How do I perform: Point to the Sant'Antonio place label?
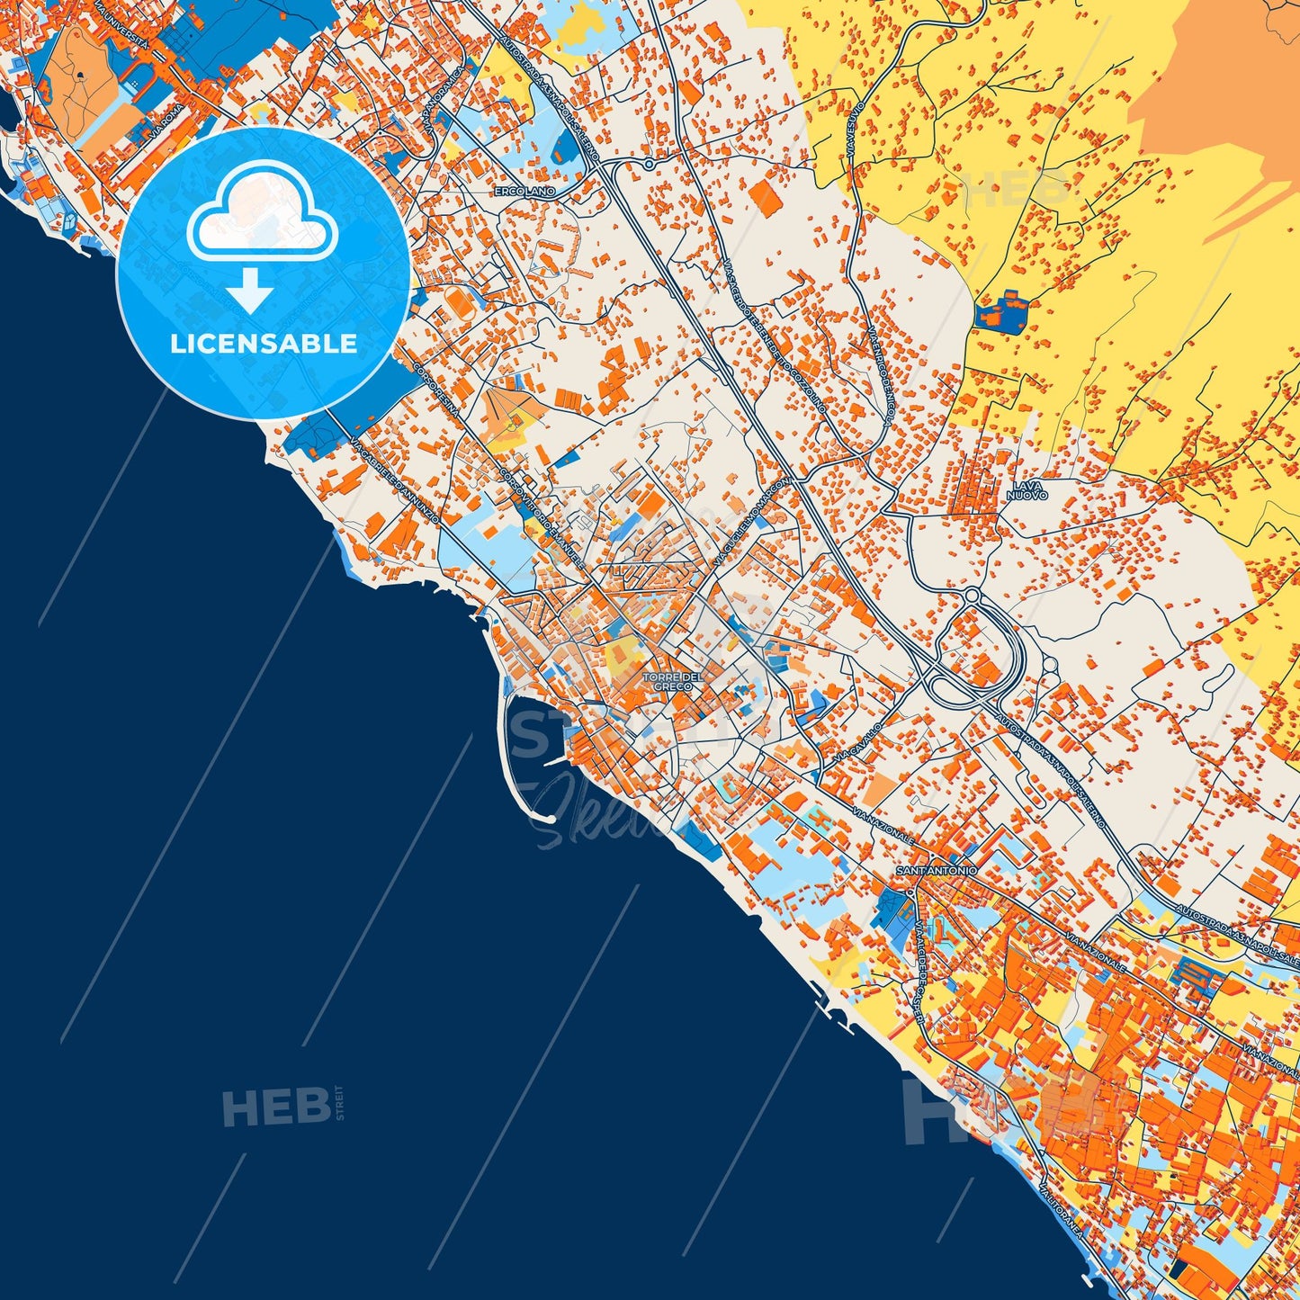pyautogui.click(x=937, y=871)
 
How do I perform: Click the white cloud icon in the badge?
pyautogui.click(x=262, y=217)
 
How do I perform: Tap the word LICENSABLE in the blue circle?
pyautogui.click(x=263, y=344)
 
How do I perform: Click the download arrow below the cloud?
pyautogui.click(x=249, y=290)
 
